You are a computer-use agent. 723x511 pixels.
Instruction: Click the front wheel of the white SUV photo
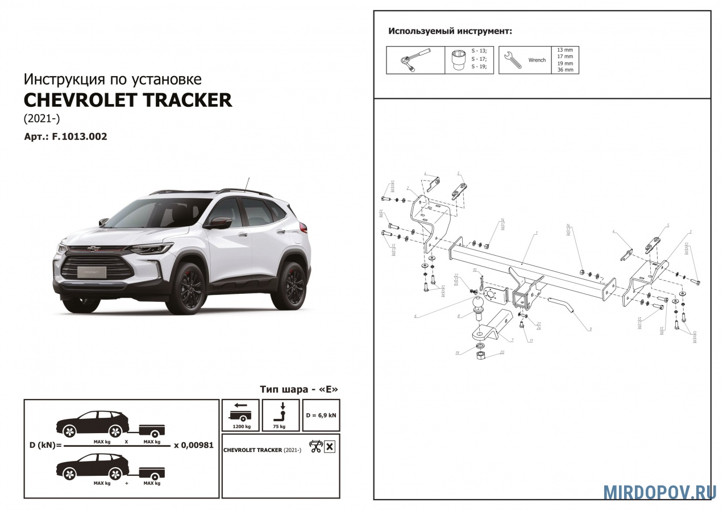[186, 289]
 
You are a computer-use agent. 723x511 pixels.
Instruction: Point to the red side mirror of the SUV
[218, 223]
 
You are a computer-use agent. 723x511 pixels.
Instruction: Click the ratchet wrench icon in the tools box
[415, 60]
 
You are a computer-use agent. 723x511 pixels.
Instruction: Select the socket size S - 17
[479, 59]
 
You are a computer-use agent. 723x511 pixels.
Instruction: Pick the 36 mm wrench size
[565, 70]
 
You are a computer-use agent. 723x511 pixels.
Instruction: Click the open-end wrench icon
[513, 60]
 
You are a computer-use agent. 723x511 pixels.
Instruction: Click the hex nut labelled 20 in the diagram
[481, 356]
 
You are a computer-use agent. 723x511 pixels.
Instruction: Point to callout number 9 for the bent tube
[591, 329]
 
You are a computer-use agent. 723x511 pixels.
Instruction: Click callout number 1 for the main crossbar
[535, 234]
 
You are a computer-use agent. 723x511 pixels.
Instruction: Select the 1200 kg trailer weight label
[240, 426]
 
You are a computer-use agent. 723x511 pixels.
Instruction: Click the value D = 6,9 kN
[322, 415]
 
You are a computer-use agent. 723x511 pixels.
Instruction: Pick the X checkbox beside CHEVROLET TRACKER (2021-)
[329, 447]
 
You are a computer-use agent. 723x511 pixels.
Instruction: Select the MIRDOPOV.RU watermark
[659, 492]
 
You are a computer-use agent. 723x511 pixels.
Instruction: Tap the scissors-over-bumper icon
[315, 447]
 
